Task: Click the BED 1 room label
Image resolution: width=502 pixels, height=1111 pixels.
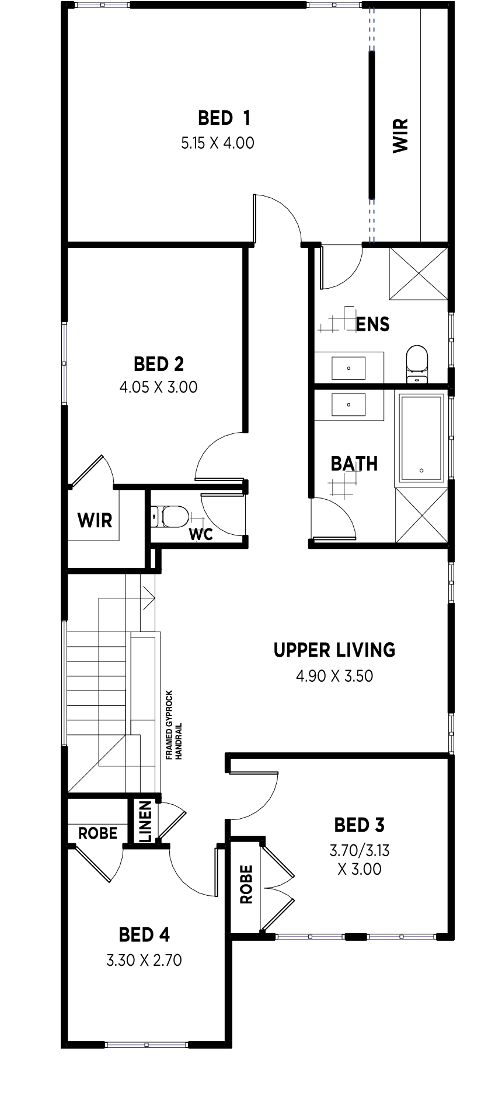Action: pos(224,118)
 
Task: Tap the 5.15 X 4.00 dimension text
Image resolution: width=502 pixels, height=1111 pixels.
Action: pos(218,143)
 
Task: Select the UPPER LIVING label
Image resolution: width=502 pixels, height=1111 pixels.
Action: pos(334,650)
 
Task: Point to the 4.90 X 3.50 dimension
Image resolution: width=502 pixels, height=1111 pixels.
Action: pos(334,676)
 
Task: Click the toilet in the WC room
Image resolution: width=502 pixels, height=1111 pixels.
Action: pos(170,516)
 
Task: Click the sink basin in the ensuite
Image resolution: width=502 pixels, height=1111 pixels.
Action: pos(348,368)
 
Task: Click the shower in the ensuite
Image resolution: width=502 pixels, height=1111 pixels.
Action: pos(419,273)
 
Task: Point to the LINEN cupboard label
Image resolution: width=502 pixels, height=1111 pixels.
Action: pos(145,821)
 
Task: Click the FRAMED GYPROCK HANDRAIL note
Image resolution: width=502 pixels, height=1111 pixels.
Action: pos(174,725)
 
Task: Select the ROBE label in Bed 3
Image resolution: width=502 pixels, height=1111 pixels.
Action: pos(246,884)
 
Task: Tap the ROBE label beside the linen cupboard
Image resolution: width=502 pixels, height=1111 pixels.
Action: pos(98,833)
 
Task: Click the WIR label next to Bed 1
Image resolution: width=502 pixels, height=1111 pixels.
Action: pos(400,136)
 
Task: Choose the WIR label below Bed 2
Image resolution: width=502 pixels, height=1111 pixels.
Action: pos(95,520)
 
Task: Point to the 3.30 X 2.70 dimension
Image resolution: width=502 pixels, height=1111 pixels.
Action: pos(144,960)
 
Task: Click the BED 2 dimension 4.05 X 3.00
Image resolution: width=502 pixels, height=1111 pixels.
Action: pos(159,387)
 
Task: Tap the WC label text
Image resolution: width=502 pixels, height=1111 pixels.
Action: pos(201,534)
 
